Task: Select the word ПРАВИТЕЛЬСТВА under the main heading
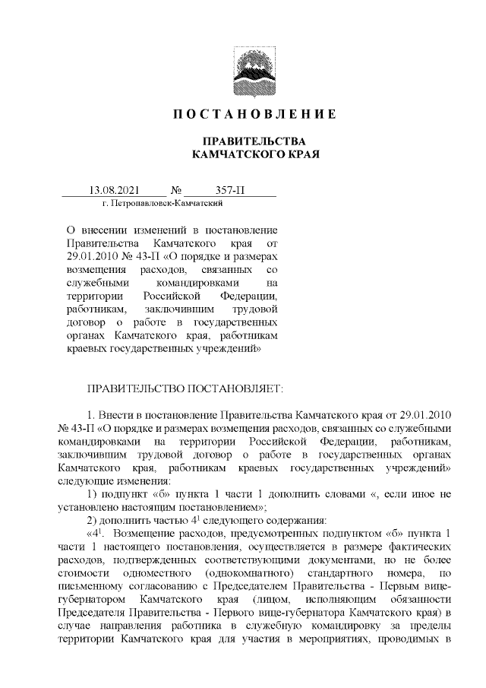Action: tap(251, 141)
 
